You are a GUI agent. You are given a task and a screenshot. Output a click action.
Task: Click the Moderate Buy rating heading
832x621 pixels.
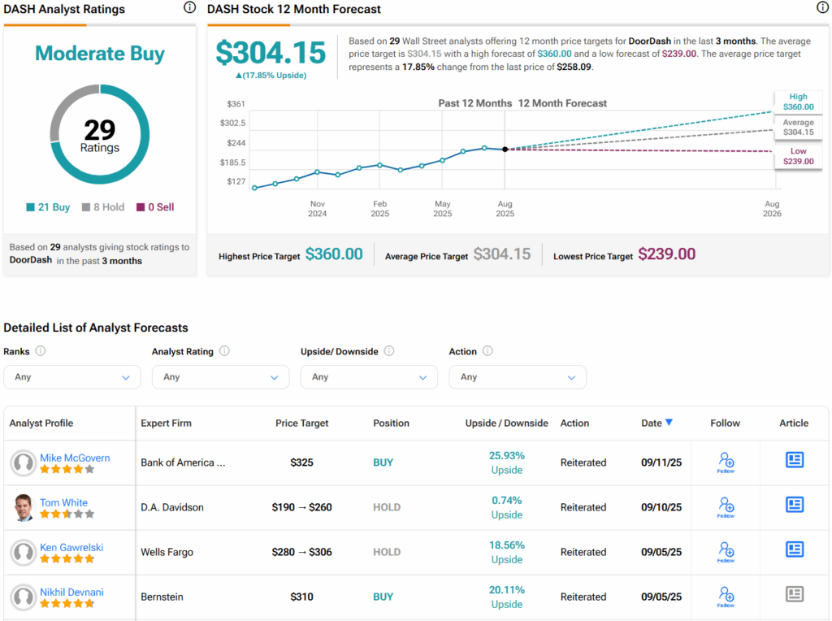(x=100, y=54)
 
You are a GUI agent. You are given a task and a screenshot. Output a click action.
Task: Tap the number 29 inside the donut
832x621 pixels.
(x=100, y=130)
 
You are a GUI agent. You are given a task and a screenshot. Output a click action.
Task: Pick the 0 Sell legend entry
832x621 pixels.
(x=154, y=207)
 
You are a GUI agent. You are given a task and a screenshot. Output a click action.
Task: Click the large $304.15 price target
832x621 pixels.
(x=271, y=52)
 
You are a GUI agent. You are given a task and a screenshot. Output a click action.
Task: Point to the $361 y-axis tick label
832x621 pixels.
(x=236, y=104)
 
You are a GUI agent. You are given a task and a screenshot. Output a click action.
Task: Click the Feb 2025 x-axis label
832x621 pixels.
(x=379, y=209)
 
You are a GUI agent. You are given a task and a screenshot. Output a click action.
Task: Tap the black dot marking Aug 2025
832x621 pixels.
(x=505, y=150)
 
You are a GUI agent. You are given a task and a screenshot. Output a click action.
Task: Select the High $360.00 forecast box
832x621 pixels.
(x=798, y=101)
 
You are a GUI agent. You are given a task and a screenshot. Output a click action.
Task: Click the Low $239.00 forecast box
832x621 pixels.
(x=798, y=156)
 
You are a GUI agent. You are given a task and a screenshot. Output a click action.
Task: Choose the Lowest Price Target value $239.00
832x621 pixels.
(x=666, y=254)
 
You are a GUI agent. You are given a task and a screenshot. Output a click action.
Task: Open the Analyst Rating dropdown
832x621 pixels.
(x=220, y=377)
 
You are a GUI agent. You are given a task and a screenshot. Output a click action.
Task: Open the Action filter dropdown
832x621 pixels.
(x=518, y=377)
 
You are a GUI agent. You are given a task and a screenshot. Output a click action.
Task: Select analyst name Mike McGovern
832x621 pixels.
(x=75, y=458)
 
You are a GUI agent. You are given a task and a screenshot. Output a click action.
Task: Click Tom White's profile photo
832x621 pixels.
(x=24, y=508)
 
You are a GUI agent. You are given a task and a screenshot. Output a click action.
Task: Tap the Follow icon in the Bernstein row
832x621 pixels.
(x=726, y=597)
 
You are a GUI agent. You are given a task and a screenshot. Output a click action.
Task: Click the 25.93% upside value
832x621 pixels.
(x=506, y=455)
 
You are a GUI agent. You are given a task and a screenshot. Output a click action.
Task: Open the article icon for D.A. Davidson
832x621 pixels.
(x=794, y=505)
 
